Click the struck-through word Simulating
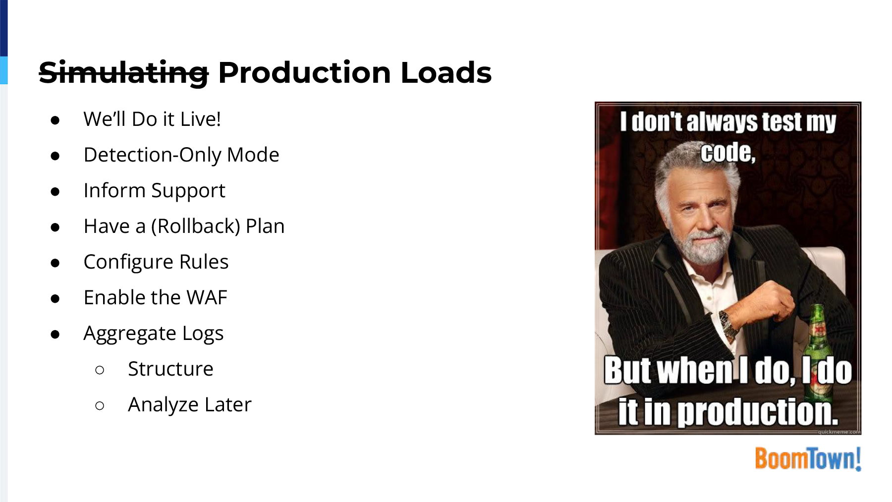[x=124, y=73]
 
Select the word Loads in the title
[x=446, y=72]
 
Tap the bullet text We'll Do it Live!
[x=152, y=119]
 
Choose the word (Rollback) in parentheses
[x=196, y=226]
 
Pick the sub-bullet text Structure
[x=170, y=369]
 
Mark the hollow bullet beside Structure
[x=100, y=370]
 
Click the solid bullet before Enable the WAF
[x=55, y=298]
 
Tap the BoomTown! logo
[x=808, y=458]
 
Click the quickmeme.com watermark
[x=839, y=432]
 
